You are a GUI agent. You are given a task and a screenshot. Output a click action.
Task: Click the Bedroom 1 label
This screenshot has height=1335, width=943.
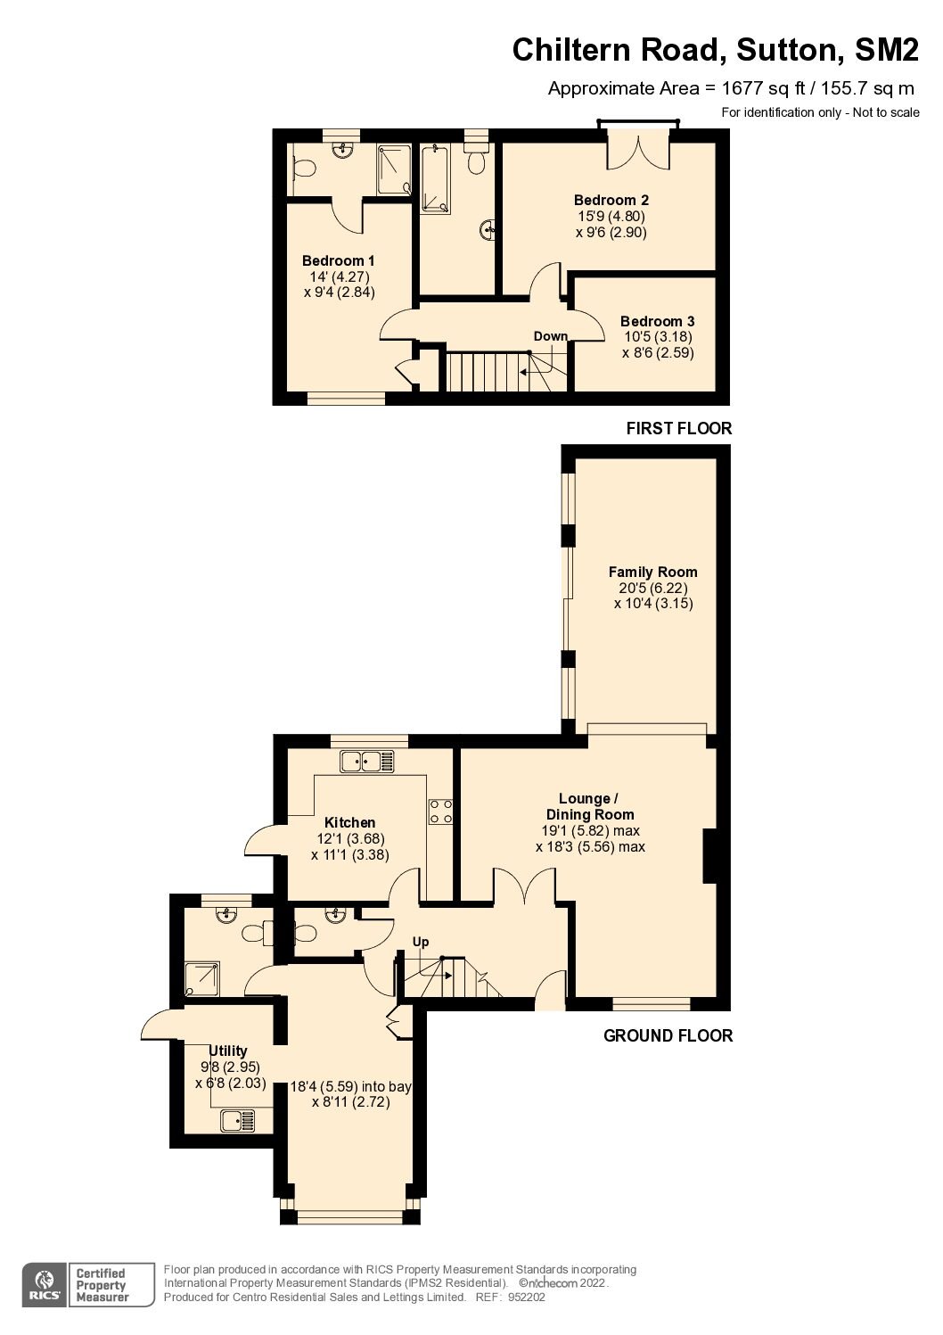[338, 260]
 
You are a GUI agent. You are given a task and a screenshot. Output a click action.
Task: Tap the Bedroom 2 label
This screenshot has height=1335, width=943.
[611, 200]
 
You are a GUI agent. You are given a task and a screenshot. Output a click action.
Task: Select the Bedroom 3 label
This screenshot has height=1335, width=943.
[657, 321]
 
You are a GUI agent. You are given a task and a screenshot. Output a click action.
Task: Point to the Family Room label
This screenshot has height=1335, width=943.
[653, 573]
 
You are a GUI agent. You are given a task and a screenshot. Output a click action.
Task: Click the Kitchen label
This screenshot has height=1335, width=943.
[349, 822]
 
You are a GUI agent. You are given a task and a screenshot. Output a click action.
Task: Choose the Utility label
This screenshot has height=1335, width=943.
[228, 1051]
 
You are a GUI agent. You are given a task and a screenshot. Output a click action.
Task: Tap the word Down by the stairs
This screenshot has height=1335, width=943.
[551, 336]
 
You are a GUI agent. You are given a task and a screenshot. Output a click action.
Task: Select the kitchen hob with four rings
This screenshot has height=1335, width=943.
[440, 812]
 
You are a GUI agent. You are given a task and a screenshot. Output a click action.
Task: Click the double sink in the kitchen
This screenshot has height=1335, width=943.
[367, 761]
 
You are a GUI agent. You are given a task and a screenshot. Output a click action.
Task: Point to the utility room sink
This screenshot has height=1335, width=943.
[238, 1121]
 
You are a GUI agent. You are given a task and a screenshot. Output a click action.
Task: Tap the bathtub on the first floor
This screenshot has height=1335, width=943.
[436, 178]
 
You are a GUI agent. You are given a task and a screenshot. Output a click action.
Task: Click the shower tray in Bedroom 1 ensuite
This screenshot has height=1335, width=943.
[394, 169]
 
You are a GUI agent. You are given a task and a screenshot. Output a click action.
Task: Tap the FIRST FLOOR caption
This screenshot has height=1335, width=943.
[678, 428]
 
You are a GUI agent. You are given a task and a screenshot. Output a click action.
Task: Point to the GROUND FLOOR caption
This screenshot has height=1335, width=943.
[668, 1035]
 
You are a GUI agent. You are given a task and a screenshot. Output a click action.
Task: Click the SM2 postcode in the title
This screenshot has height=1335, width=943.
[887, 49]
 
